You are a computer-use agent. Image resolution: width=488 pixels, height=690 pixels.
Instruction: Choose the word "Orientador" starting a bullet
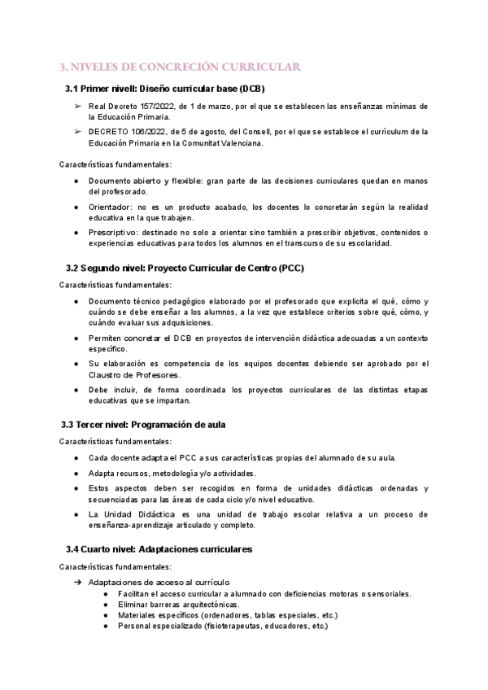[112, 207]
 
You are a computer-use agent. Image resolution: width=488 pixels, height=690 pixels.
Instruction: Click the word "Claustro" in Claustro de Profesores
[107, 375]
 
